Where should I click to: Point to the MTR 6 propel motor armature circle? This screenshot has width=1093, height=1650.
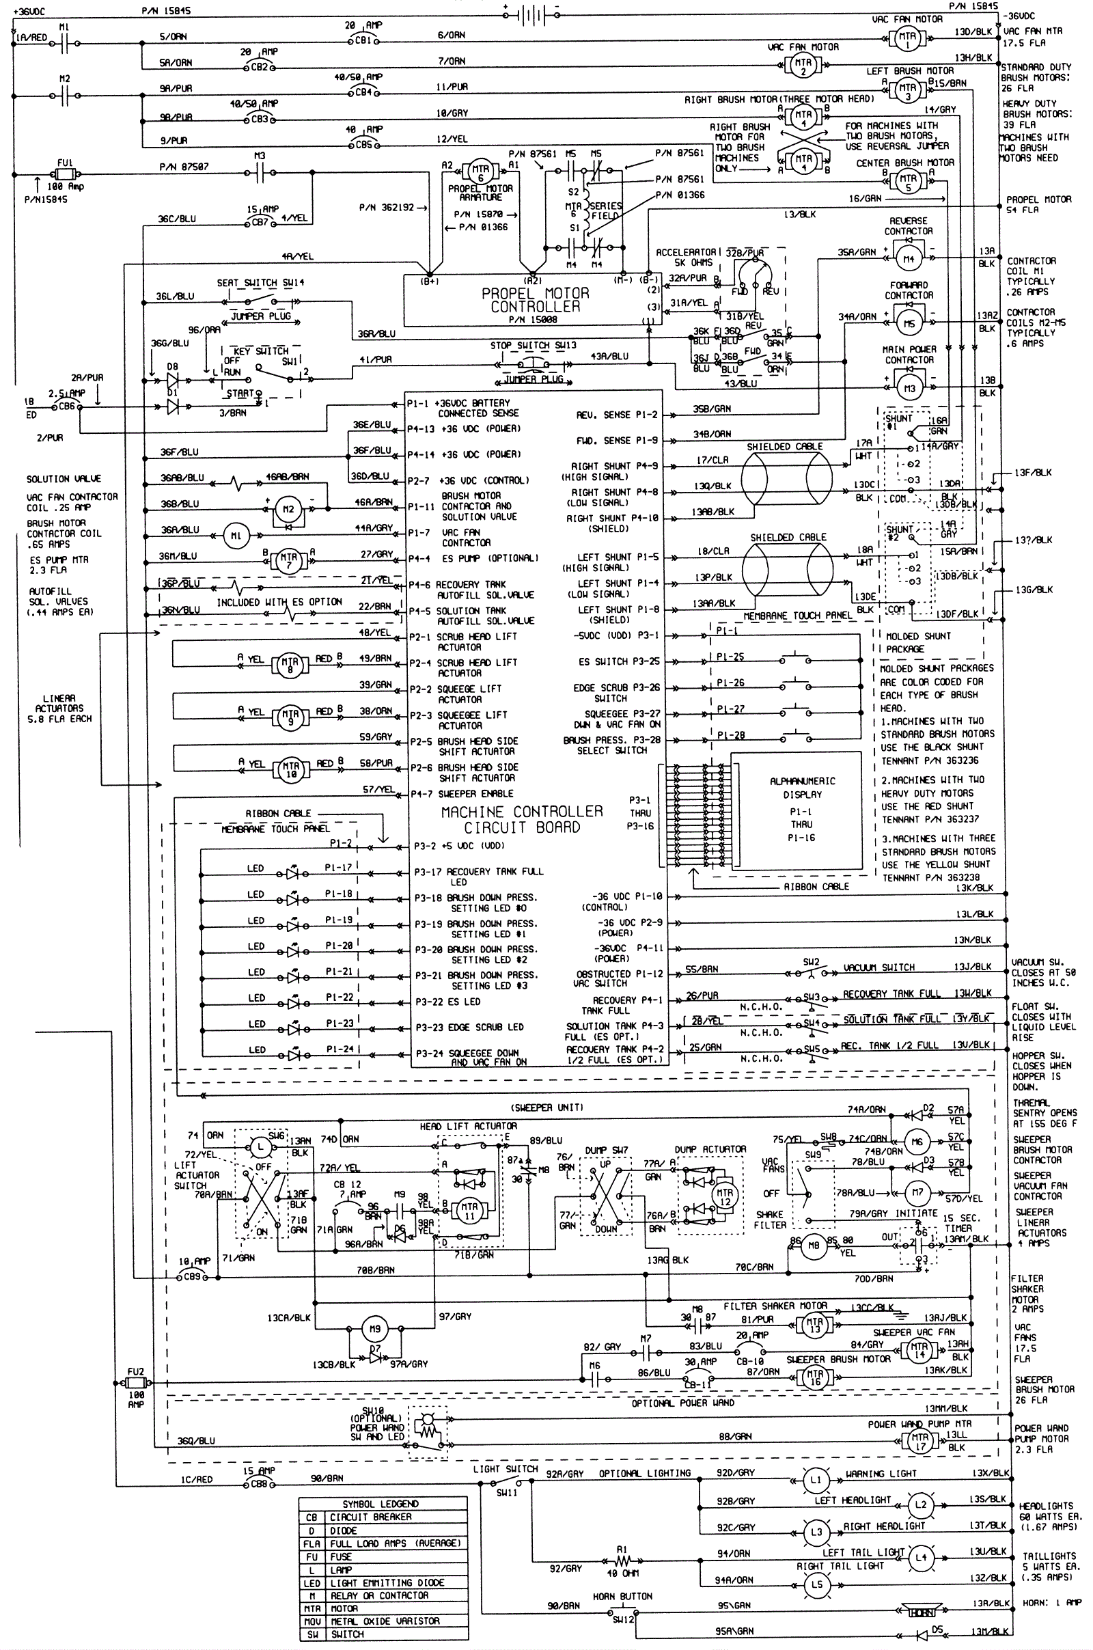click(480, 172)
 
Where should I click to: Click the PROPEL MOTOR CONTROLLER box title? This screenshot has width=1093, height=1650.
click(535, 300)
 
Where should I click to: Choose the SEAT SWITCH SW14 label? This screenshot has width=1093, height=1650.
click(260, 283)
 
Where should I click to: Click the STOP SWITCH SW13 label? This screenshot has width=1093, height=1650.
click(533, 346)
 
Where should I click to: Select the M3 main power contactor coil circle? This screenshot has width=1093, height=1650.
click(909, 388)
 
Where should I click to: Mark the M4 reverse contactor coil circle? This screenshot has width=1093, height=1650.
click(909, 260)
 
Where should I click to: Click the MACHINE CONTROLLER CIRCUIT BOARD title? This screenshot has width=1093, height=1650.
click(522, 820)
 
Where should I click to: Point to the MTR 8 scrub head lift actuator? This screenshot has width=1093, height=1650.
click(289, 664)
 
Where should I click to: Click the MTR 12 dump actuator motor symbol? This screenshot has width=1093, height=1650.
click(724, 1197)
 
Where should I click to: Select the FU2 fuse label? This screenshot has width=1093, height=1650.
click(135, 1371)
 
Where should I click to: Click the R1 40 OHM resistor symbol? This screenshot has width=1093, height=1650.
click(622, 1561)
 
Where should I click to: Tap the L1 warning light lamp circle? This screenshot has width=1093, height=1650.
click(816, 1479)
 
